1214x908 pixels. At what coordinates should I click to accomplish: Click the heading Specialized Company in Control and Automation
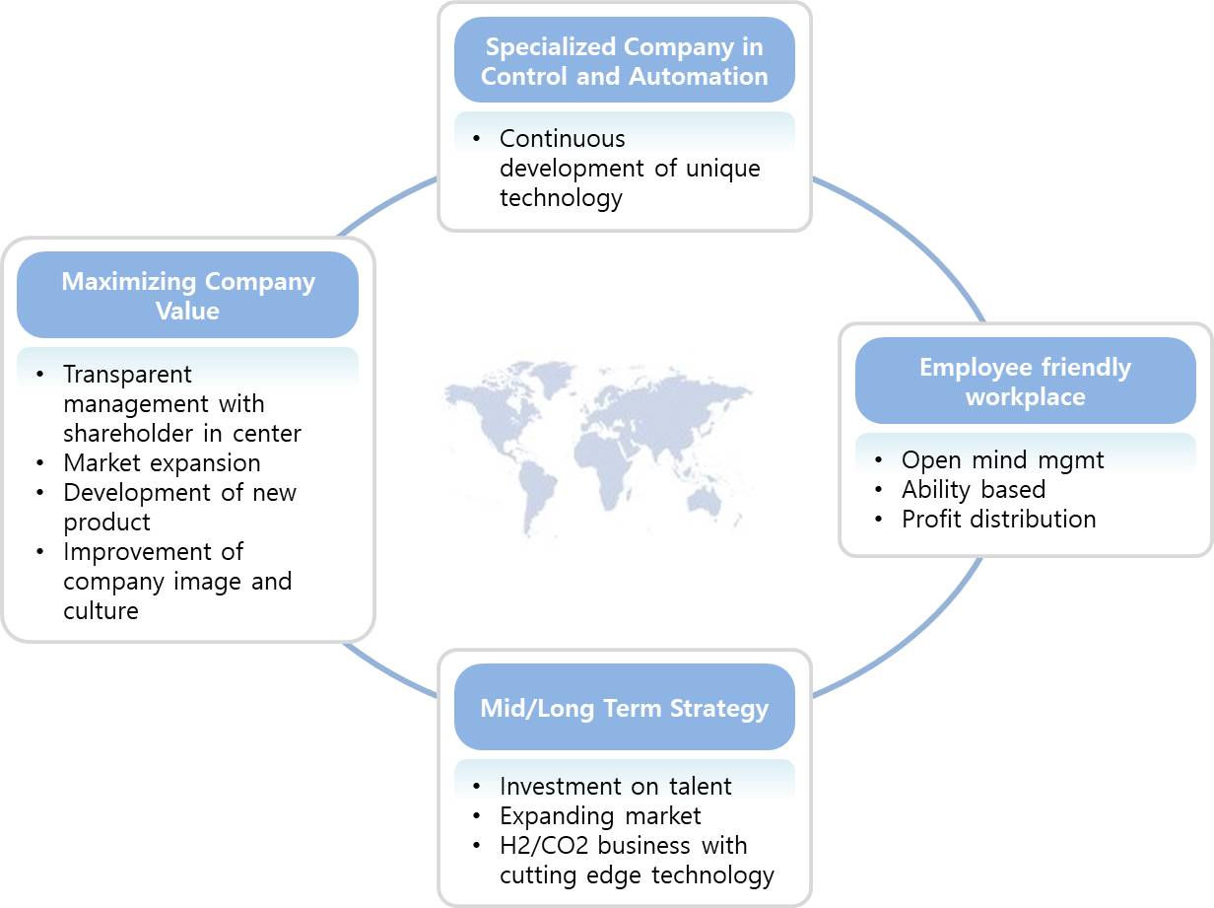[x=625, y=61]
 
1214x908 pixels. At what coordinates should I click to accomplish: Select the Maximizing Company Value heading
[x=188, y=296]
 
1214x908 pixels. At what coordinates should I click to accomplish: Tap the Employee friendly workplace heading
[x=1025, y=382]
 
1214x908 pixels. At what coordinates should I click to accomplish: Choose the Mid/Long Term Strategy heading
[x=625, y=708]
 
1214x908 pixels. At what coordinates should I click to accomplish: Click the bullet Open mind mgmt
[x=1002, y=459]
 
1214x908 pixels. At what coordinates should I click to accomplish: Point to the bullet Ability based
[x=973, y=489]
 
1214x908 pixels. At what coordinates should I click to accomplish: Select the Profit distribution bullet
[x=998, y=519]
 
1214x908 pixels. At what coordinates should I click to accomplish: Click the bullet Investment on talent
[x=615, y=786]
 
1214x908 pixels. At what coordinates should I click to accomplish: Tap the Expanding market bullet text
[x=600, y=815]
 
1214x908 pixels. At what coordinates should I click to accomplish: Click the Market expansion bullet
[x=162, y=462]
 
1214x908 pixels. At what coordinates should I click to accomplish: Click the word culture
[x=101, y=610]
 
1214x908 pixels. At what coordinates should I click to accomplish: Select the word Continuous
[x=562, y=139]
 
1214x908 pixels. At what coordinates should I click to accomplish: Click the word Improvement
[x=153, y=551]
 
